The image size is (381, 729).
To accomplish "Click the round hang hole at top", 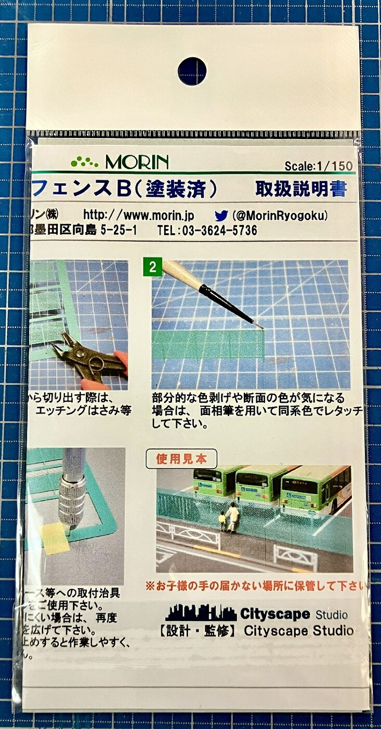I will point(192,71).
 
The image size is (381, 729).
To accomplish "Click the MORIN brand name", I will point(137,162).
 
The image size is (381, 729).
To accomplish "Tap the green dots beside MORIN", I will point(85,161).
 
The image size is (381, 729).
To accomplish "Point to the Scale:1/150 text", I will point(319,166).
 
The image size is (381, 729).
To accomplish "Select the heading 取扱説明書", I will point(300,189).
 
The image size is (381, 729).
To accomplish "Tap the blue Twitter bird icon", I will point(221,215).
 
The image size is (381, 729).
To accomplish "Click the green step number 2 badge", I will point(153,268).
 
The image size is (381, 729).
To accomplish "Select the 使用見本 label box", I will point(181,458).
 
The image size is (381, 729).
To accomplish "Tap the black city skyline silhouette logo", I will point(200,613).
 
